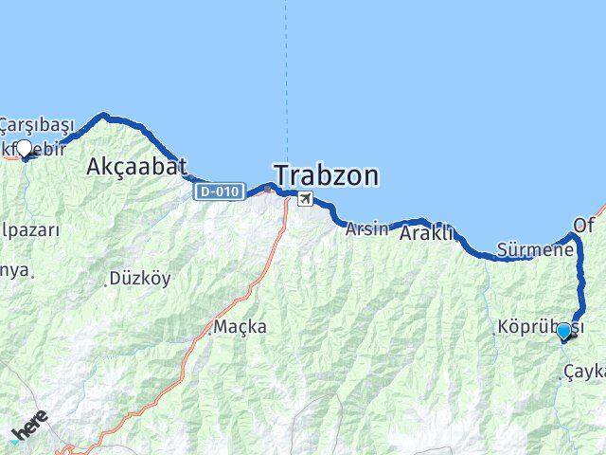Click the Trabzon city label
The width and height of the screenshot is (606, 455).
[327, 175]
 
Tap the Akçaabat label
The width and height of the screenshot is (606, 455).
[130, 168]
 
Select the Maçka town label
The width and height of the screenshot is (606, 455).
[240, 327]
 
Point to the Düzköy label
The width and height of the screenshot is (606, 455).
[140, 279]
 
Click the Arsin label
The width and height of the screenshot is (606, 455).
[367, 228]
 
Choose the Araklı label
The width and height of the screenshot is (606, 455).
[427, 232]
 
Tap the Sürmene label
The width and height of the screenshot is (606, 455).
[536, 251]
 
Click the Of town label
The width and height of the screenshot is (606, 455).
[584, 226]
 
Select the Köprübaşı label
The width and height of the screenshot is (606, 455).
[539, 327]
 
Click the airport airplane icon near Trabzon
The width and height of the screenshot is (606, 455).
[305, 198]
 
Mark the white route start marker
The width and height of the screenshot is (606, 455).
[24, 148]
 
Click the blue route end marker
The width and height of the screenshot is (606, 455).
[564, 331]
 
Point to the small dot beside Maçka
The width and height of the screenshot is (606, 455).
[209, 333]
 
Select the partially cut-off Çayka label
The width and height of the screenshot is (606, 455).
[583, 372]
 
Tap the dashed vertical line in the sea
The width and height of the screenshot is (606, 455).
[285, 76]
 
